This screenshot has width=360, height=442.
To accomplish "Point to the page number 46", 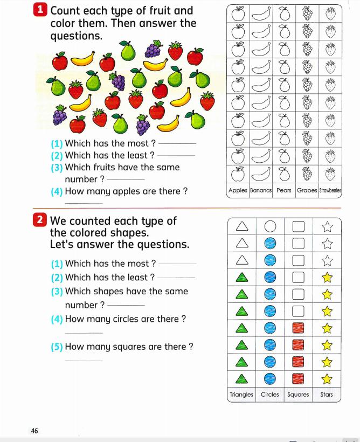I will point(34,430).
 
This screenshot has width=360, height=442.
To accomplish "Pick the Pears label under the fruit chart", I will point(284,190).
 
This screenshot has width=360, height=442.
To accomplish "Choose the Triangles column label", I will point(241,395).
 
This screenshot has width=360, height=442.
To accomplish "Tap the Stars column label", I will point(327,395).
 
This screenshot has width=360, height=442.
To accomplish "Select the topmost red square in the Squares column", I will point(299,328).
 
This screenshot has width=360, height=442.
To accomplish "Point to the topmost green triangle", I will point(241,277).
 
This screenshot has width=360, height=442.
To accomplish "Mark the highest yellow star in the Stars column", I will point(327,277).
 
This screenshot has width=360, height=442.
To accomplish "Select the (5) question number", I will point(57,347).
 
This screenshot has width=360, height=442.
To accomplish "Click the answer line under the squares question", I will point(83,361).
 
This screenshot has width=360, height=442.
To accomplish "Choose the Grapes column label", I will point(307,190).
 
